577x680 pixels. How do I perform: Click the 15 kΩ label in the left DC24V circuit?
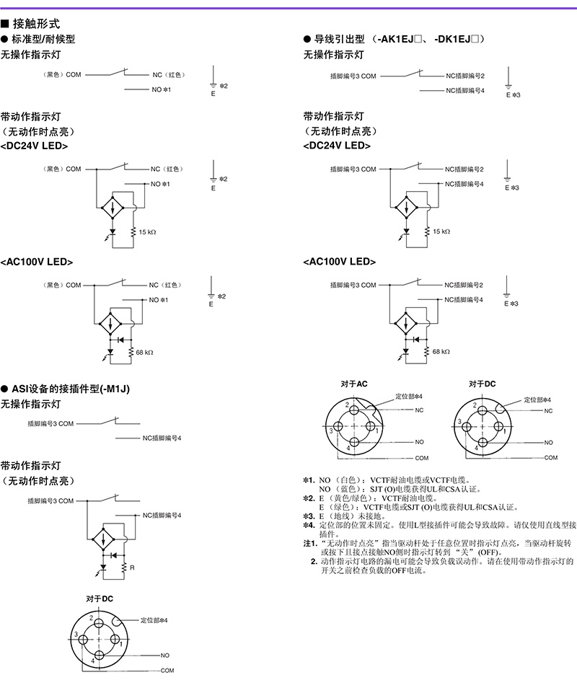coord(148,232)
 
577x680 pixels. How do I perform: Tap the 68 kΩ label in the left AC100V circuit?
coord(144,352)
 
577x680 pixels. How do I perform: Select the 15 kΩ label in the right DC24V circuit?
coord(441,231)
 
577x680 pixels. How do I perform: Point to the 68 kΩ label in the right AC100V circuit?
coord(441,351)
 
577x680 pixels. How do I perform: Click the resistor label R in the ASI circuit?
coord(132,568)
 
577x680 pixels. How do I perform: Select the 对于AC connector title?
coord(354,384)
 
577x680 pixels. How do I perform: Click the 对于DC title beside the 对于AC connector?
coord(482,384)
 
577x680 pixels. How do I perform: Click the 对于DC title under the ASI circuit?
coord(100,599)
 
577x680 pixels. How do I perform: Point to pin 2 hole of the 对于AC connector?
coord(354,410)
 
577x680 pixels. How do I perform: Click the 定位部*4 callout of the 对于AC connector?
coord(409,396)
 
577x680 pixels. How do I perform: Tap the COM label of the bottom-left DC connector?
coord(167,671)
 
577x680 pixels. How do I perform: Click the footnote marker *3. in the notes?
coord(309,516)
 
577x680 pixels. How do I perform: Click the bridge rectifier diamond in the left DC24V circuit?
coord(113,208)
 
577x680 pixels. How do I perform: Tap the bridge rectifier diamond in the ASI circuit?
coord(103,539)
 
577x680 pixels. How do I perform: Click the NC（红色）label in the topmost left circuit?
coord(169,74)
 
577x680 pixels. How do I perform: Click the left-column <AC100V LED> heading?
coord(37,262)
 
